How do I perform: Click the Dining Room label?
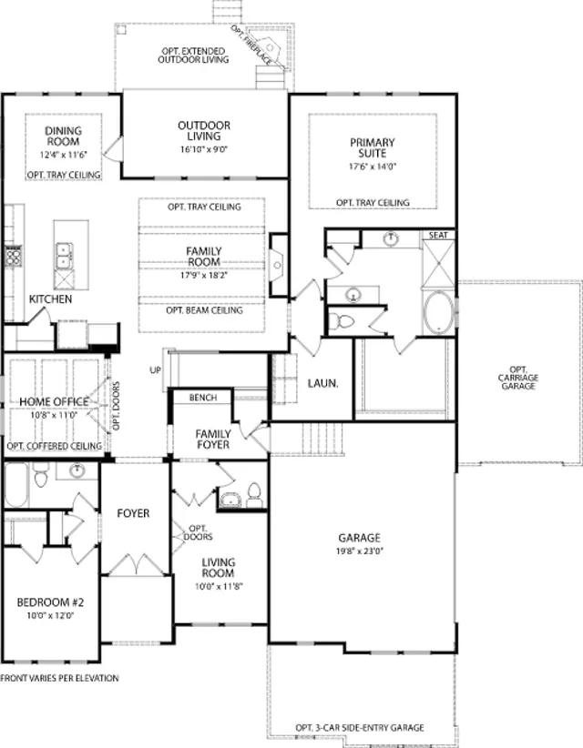(63, 136)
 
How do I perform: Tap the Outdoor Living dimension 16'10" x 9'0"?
(204, 149)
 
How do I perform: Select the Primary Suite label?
(373, 148)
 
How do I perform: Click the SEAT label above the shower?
(438, 235)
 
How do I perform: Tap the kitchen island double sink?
(64, 257)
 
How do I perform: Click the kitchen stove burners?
(14, 257)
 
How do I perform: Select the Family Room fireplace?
(279, 265)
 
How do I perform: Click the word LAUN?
(322, 383)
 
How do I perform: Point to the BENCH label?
(203, 398)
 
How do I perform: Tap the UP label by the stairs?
(155, 369)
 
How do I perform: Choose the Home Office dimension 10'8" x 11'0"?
(54, 415)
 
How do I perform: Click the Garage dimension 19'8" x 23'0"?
(360, 551)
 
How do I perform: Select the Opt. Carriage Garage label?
(518, 378)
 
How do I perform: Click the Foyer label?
(133, 513)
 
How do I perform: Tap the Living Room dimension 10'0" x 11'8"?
(219, 586)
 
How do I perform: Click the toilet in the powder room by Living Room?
(254, 495)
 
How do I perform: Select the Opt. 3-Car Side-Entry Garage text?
(360, 727)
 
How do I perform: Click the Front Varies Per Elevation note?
(60, 678)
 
